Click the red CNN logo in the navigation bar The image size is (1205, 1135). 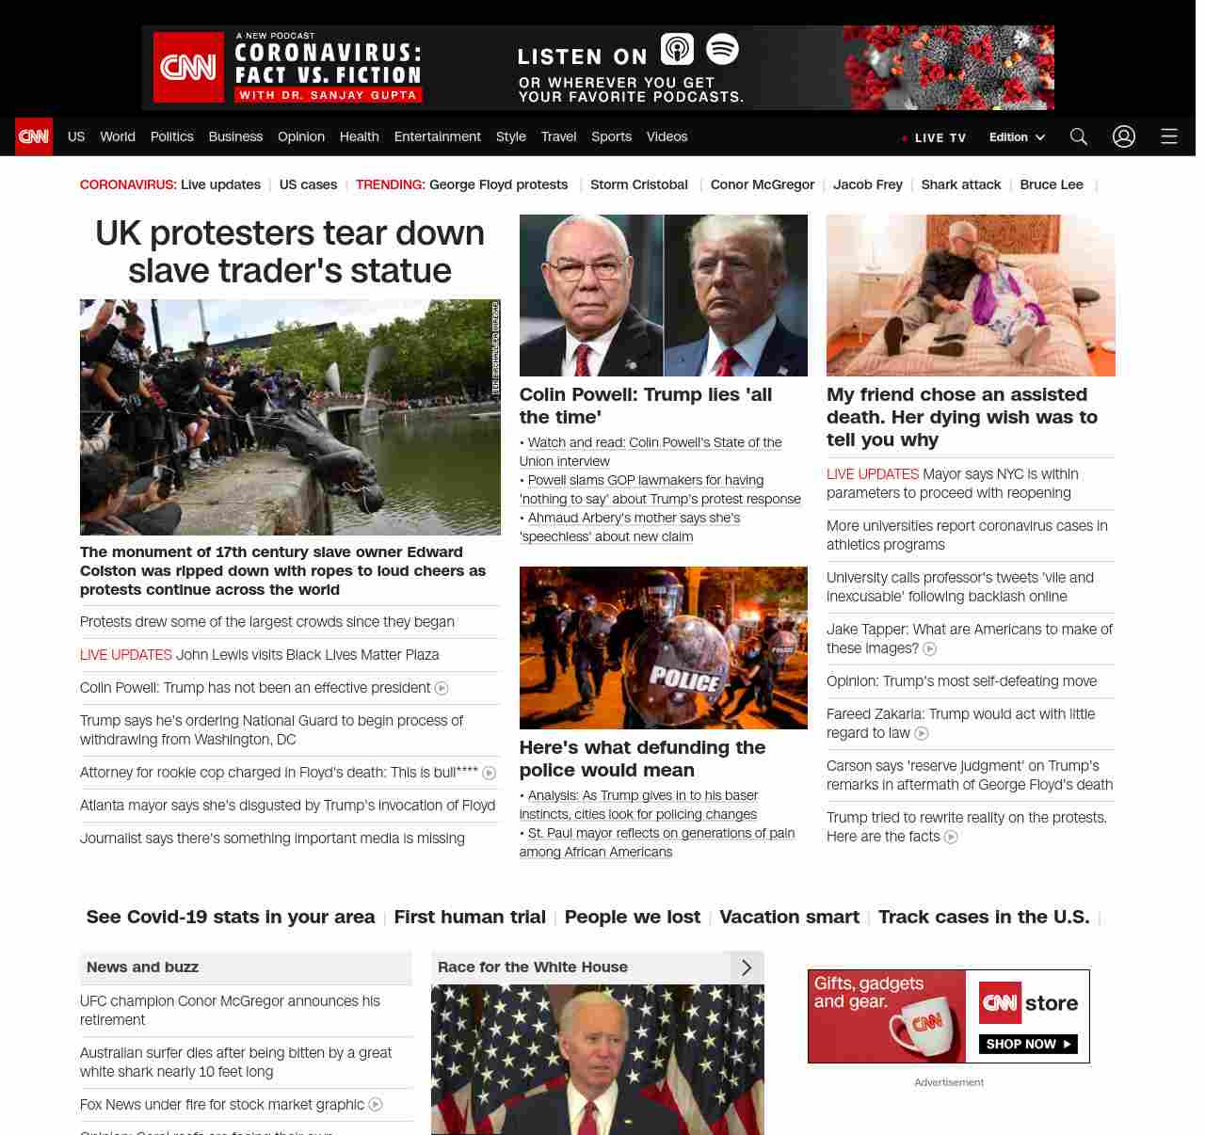click(34, 136)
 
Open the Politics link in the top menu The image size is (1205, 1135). click(171, 136)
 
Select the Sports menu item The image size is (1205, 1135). click(611, 136)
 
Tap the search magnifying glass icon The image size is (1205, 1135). click(1079, 136)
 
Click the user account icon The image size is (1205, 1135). click(1124, 136)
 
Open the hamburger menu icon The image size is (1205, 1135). click(1169, 136)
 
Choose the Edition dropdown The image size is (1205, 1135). click(1017, 137)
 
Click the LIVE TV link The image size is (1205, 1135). click(935, 137)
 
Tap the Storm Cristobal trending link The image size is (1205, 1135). click(638, 184)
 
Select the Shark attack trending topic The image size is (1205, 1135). click(960, 184)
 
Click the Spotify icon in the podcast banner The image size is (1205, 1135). click(722, 49)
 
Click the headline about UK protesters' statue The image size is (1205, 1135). click(290, 251)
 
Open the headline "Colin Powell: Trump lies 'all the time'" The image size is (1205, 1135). click(645, 406)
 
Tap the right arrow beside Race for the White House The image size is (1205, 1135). click(747, 967)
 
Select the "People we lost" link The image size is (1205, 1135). click(632, 917)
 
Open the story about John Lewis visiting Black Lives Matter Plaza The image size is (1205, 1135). click(307, 655)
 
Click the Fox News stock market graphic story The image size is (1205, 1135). click(222, 1104)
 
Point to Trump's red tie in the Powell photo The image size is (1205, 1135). click(728, 362)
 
